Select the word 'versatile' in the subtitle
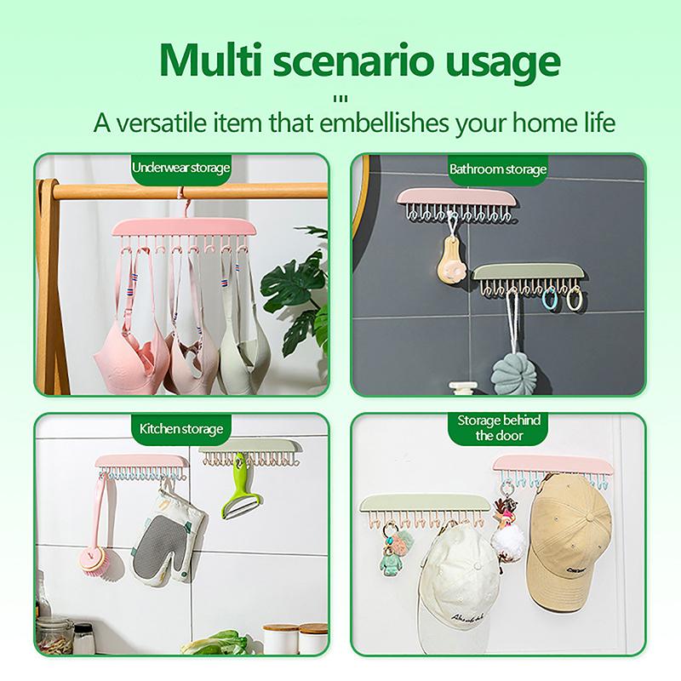178,122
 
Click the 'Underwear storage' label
180,168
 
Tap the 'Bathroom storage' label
498,169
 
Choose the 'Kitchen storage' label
180,428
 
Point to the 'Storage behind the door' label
498,427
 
